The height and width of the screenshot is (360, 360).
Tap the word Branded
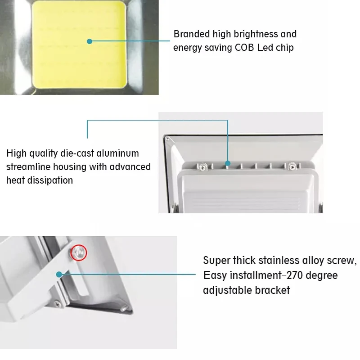[192, 34]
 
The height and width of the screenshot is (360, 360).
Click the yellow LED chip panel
[79, 45]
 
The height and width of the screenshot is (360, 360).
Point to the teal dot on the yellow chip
[90, 41]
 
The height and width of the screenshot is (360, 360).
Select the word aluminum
[117, 153]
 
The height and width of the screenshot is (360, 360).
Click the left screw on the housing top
[202, 167]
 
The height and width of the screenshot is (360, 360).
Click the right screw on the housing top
[292, 167]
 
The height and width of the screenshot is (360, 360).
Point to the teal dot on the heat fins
[228, 163]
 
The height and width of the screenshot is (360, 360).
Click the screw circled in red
[79, 252]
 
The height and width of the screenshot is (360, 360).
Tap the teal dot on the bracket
[59, 274]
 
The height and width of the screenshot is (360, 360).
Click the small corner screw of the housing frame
[167, 139]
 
